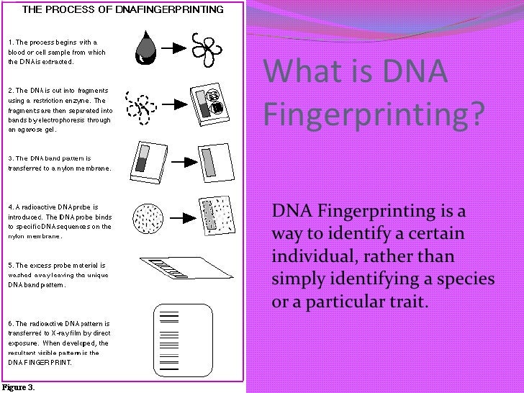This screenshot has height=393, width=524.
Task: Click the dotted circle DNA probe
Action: click(148, 215)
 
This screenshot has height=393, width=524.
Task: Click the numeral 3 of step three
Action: click(9, 158)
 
